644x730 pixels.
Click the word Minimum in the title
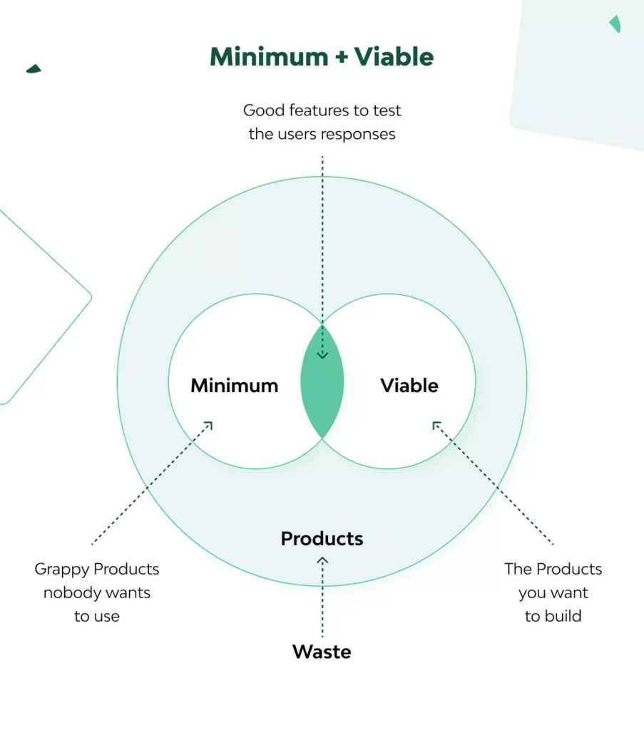[269, 57]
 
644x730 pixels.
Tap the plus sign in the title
[342, 57]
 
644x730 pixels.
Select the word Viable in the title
[394, 57]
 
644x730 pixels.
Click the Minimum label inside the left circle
[234, 386]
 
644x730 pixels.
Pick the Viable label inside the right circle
[409, 386]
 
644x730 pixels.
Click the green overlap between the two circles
[322, 381]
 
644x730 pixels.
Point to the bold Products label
[322, 539]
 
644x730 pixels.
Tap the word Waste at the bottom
[322, 652]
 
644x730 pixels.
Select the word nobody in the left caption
[72, 592]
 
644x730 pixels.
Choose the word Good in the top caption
[264, 110]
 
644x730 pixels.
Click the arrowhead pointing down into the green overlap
[322, 355]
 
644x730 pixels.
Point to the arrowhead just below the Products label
[322, 560]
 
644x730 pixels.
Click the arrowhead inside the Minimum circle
[209, 425]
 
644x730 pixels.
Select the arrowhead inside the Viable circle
[436, 425]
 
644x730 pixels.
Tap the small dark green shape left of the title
[34, 69]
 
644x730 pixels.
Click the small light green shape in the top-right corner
[615, 24]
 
